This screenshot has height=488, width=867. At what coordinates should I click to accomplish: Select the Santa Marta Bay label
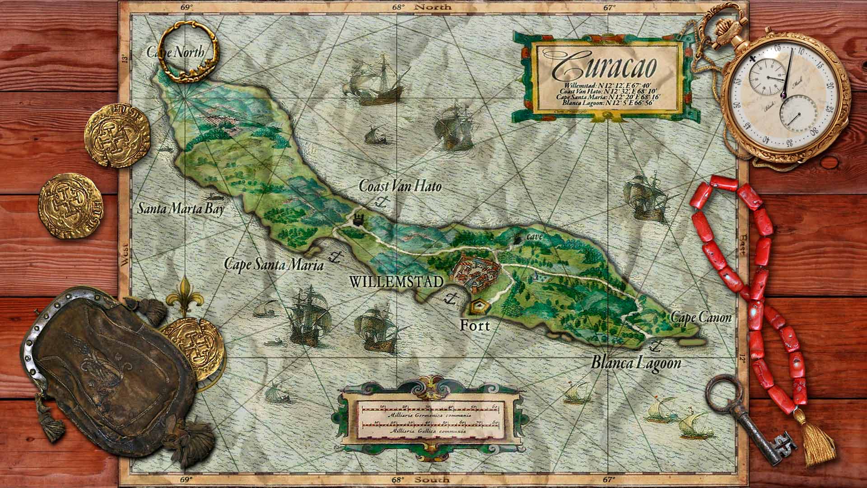[x=181, y=209]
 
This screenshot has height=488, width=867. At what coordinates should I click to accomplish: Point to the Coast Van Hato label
[x=400, y=186]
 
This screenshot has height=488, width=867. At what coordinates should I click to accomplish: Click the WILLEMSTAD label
[x=396, y=282]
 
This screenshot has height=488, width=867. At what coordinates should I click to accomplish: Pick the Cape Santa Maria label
[x=274, y=265]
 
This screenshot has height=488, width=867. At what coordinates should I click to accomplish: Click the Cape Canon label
[x=700, y=318]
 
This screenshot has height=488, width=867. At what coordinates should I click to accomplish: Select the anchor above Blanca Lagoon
[x=655, y=347]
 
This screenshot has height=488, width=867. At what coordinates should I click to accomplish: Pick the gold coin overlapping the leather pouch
[x=192, y=346]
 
